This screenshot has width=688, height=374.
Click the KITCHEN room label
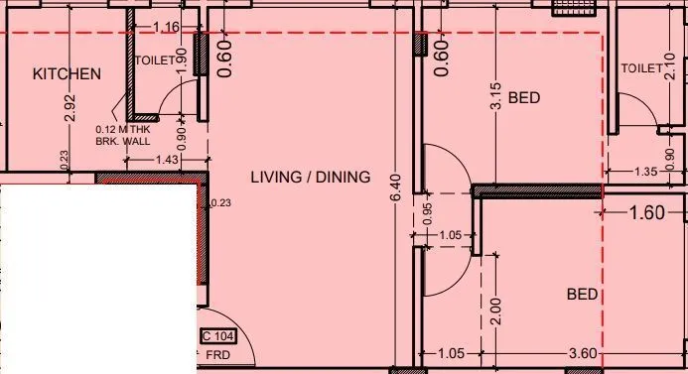point(67,74)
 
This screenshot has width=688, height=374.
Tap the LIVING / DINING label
point(310,178)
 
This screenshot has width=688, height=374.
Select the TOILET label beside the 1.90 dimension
point(154,60)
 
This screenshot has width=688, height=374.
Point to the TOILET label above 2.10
point(640,68)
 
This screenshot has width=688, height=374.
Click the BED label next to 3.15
point(523,98)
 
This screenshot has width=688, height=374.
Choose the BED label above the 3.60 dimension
point(582,295)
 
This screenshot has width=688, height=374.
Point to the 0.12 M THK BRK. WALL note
point(121,135)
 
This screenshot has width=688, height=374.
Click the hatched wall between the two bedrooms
point(537,189)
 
